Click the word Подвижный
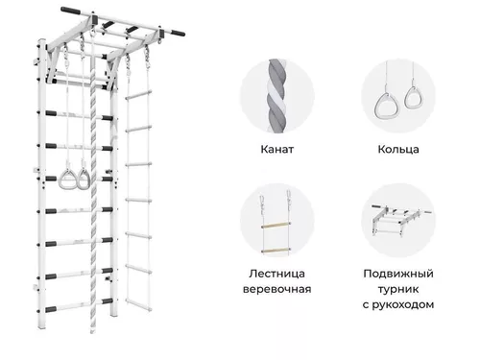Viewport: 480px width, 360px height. tap(396, 275)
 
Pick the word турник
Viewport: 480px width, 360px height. tap(396, 289)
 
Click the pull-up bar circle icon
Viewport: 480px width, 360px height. tap(396, 222)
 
